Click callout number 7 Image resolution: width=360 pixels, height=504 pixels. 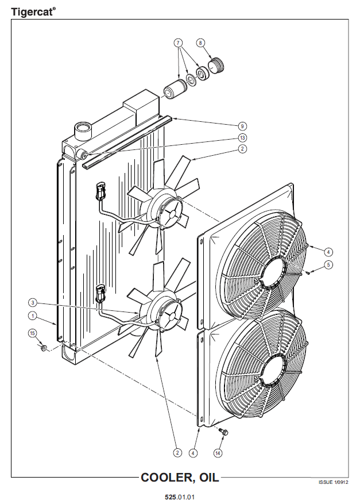178,43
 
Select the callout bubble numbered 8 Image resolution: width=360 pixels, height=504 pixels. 200,43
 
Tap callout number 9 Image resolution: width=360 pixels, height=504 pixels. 242,126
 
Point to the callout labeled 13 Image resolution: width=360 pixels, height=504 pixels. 242,138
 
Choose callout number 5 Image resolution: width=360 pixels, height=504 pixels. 328,265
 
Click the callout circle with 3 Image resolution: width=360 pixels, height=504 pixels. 32,302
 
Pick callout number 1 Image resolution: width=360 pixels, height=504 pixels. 32,316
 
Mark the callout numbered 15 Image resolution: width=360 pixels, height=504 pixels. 32,333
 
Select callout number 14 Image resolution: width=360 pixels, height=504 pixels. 218,453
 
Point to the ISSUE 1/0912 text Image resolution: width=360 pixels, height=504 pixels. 334,482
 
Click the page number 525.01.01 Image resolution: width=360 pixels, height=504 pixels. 180,497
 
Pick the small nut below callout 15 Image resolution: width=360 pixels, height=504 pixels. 44,348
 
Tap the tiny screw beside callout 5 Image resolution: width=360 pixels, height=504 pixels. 307,273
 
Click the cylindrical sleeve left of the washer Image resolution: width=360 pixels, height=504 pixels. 174,89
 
